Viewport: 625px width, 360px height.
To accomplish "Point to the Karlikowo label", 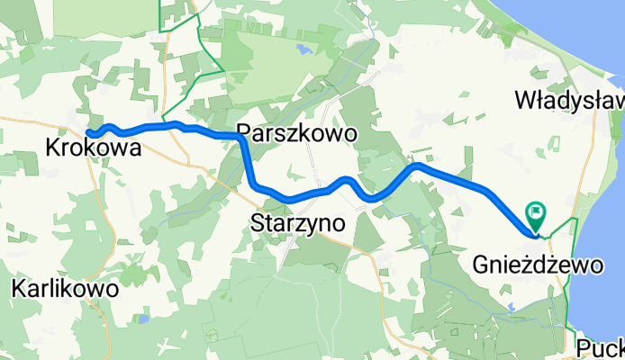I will [x=66, y=289].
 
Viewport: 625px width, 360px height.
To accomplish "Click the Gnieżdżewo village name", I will [x=537, y=265].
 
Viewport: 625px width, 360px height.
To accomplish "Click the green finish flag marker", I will [x=538, y=213].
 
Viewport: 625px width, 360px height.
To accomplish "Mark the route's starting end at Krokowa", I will [x=90, y=134].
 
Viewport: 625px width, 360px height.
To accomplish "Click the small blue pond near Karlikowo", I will [x=142, y=318].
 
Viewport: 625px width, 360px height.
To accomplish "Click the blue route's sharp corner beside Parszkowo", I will [x=242, y=138].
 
